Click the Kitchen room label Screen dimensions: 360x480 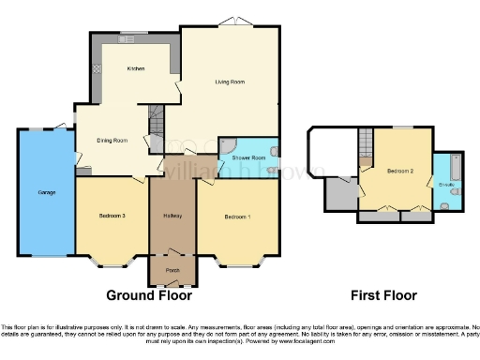tap(137, 69)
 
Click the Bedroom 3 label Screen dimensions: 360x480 tap(112, 217)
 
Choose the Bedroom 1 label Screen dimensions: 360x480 tap(237, 217)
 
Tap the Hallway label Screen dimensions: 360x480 tap(172, 217)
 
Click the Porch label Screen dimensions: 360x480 tap(172, 271)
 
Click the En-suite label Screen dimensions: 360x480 tap(447, 186)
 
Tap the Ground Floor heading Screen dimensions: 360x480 tap(148, 295)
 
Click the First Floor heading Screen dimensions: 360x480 tap(383, 295)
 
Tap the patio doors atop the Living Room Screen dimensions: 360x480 tap(228, 22)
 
